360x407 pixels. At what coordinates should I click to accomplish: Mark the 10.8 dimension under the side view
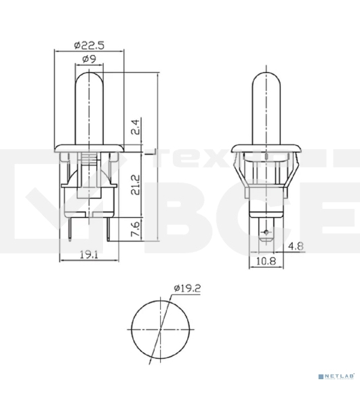pos(265,259)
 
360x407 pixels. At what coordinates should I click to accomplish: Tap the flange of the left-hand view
pos(89,147)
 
